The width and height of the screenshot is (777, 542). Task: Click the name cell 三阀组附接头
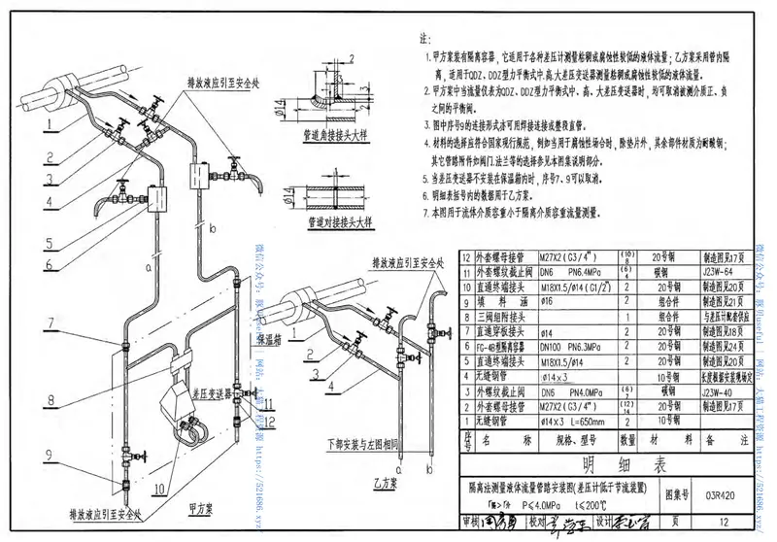501,316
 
